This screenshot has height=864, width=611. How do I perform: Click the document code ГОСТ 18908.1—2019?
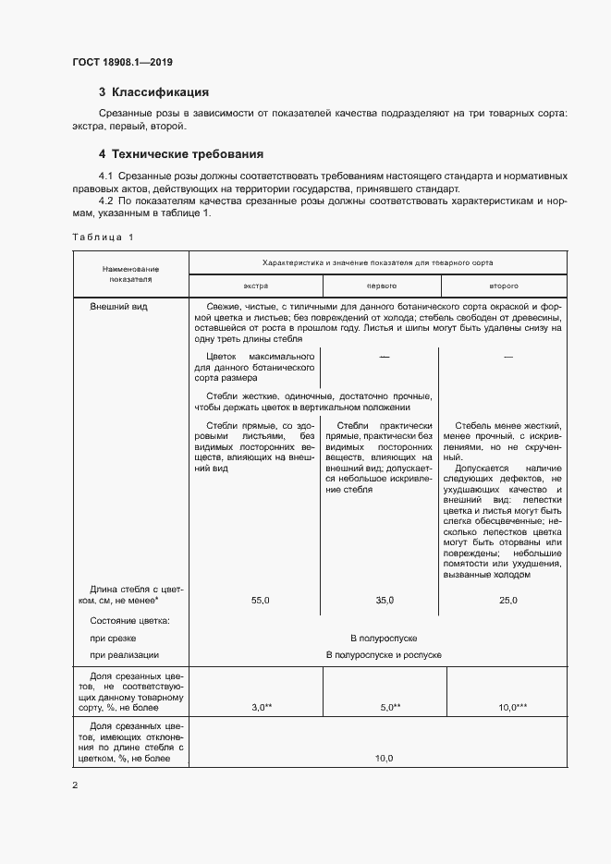click(x=122, y=63)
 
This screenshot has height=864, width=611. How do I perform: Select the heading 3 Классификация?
click(x=154, y=92)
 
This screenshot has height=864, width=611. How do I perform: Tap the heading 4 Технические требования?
click(x=181, y=153)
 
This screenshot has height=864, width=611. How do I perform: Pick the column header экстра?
click(x=255, y=286)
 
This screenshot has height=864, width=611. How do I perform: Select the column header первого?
click(x=382, y=286)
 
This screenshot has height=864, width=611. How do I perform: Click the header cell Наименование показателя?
click(x=130, y=273)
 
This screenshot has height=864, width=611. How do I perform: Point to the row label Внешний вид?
click(x=118, y=306)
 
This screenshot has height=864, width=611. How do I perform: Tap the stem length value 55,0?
click(x=260, y=601)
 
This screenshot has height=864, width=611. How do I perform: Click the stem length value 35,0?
click(x=385, y=601)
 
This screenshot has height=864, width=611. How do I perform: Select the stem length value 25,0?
click(x=508, y=601)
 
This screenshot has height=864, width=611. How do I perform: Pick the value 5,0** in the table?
click(x=389, y=707)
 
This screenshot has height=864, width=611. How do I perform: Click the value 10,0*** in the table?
click(x=512, y=707)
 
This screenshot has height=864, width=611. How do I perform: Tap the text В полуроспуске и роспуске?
click(x=384, y=655)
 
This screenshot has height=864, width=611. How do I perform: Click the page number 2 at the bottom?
click(x=75, y=785)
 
